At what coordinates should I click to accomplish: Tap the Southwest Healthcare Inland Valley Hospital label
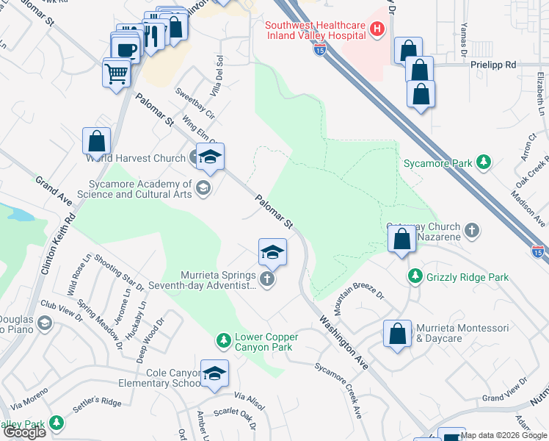coord(316,30)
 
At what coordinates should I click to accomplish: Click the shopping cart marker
coord(117,73)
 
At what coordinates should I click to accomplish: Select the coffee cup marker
coord(127,49)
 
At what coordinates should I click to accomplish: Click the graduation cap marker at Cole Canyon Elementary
coord(214,375)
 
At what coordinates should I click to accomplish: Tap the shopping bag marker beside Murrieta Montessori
coord(397,334)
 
